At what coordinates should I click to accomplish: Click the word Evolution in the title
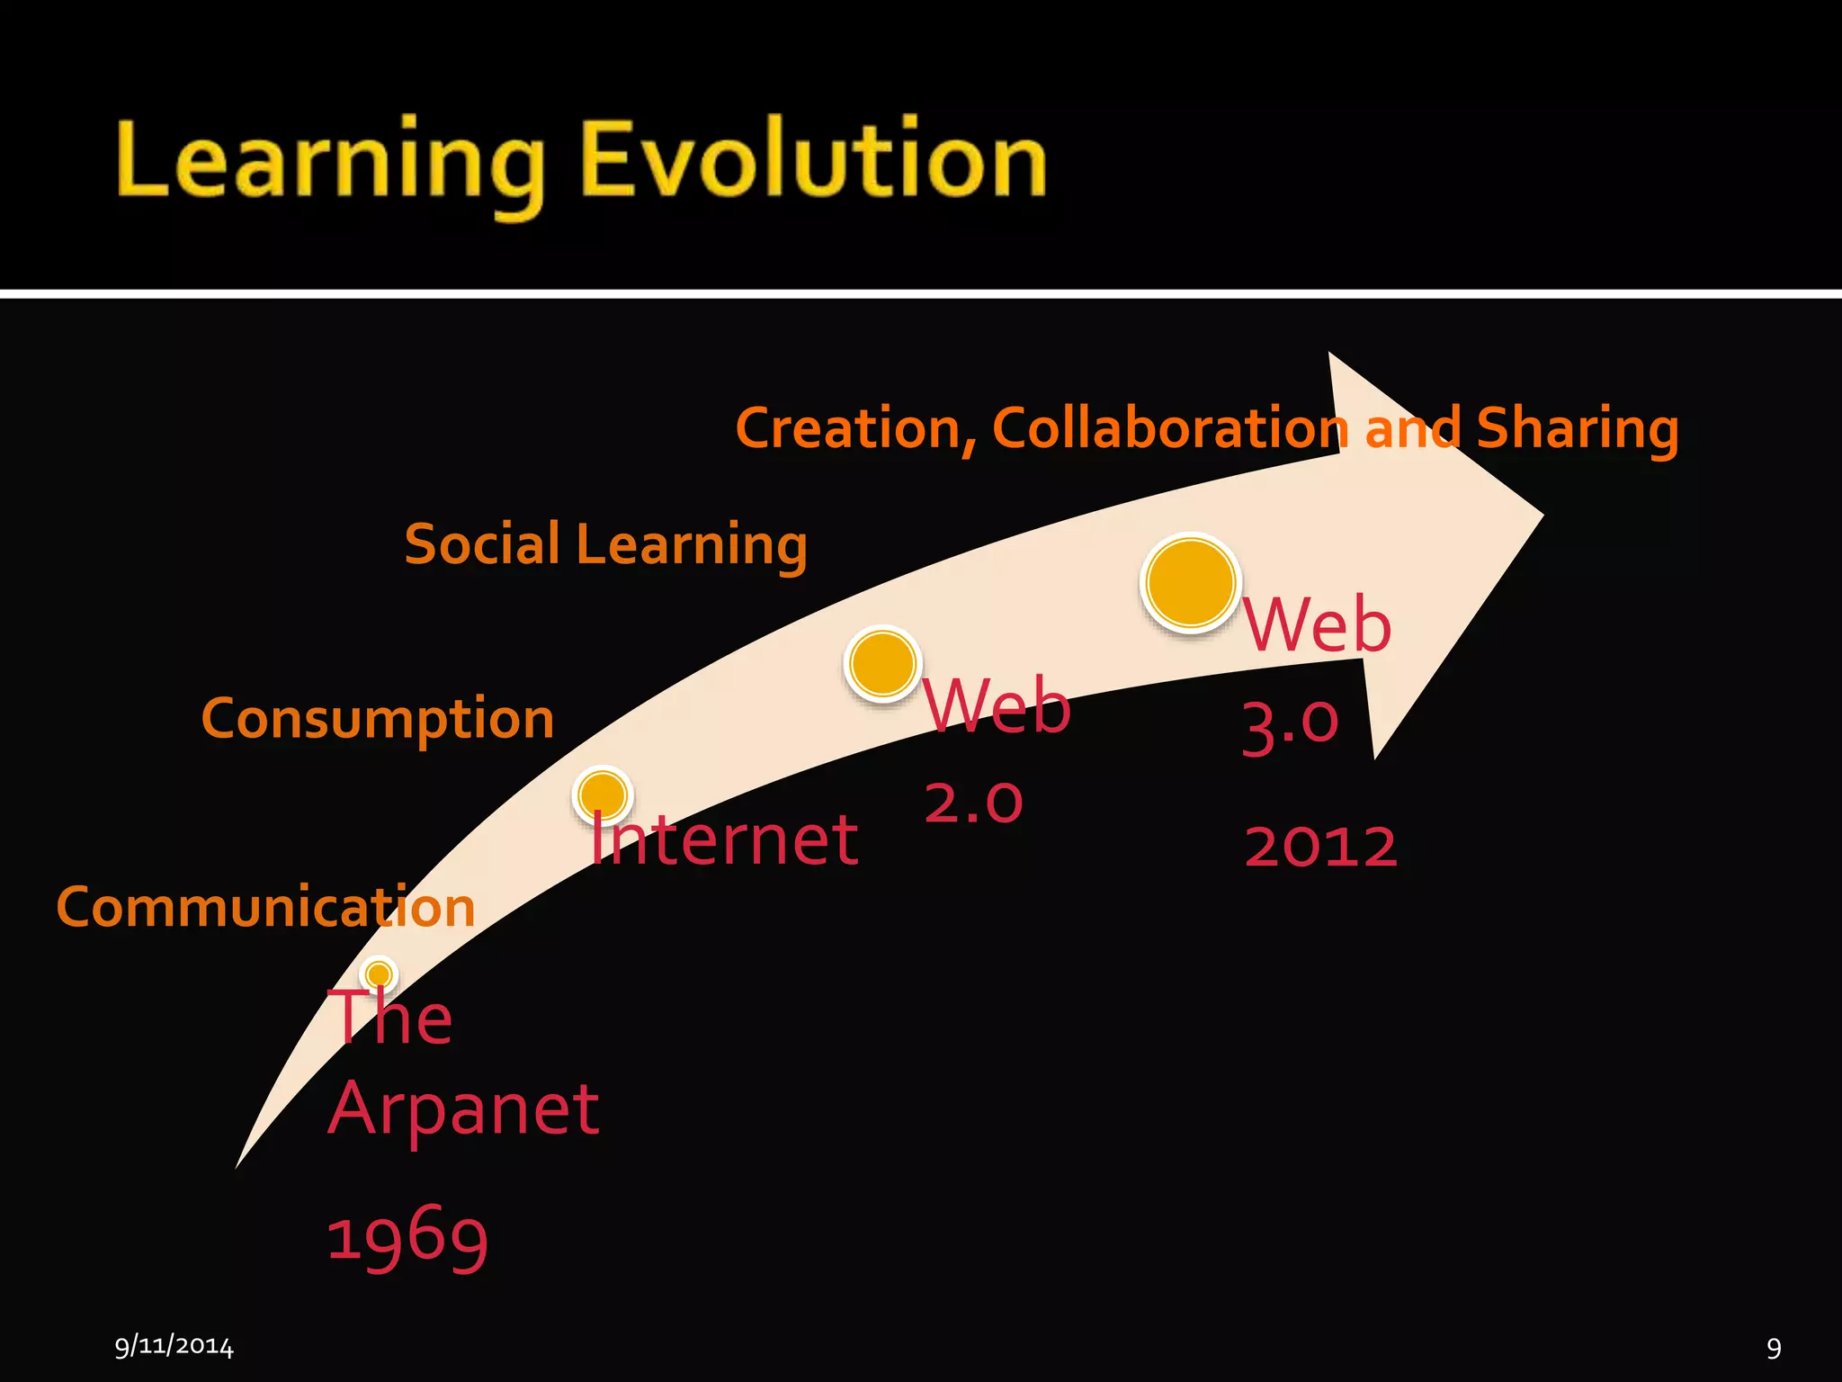point(814,160)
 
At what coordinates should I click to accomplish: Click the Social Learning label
point(605,545)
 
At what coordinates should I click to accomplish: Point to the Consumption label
point(378,719)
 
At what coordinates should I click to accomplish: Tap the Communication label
point(265,906)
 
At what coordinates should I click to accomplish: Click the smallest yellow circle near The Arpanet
point(379,974)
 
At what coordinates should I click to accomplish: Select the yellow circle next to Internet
point(603,794)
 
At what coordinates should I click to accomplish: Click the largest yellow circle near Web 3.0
point(1191,582)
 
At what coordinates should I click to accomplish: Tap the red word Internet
point(724,839)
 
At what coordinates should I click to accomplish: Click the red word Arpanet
point(463,1108)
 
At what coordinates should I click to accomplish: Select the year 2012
point(1320,847)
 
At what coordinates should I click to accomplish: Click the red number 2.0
point(973,801)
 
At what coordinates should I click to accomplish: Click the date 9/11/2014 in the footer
point(174,1346)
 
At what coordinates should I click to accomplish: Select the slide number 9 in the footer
point(1774,1347)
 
